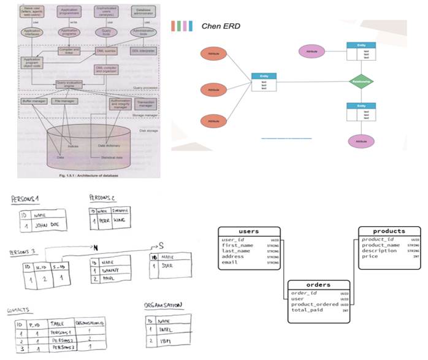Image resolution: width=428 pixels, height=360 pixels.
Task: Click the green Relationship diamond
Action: (361, 81)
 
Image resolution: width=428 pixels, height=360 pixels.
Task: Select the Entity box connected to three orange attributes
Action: (264, 82)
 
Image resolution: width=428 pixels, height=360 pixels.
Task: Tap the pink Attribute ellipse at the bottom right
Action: (361, 141)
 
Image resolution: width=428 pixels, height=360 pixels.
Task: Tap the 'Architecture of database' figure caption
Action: (90, 174)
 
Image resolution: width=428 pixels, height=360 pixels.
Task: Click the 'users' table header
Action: (248, 231)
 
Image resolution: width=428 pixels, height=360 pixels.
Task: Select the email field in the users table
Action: (230, 262)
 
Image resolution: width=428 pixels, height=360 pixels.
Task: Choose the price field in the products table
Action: (370, 256)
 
